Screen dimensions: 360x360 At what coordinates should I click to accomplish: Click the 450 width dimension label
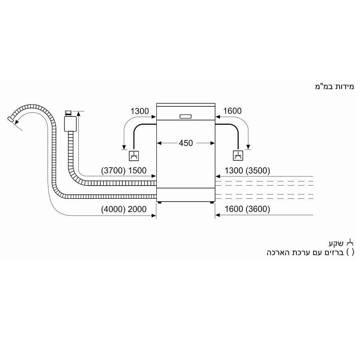[x=186, y=143]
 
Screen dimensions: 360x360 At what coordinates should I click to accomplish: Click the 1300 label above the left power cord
[x=140, y=111]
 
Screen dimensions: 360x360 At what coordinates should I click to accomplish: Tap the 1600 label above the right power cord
[x=232, y=111]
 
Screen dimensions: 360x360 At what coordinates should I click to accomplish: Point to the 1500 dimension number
[x=137, y=170]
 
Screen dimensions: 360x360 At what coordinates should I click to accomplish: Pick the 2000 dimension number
[x=137, y=209]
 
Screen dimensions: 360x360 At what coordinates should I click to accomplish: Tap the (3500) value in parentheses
[x=258, y=170]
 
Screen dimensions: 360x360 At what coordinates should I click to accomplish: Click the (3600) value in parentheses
[x=258, y=209]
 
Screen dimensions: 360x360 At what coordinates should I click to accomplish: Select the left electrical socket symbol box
[x=134, y=156]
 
